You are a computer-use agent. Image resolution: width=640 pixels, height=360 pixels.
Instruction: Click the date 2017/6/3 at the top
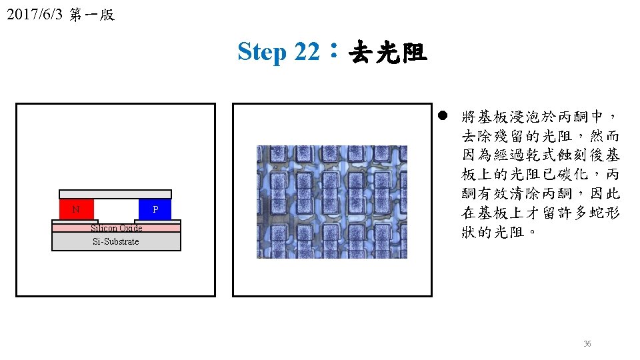coord(35,14)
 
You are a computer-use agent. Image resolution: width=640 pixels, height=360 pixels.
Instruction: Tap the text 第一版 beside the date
coord(92,15)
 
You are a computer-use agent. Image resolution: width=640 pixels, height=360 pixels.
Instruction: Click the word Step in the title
coord(262,52)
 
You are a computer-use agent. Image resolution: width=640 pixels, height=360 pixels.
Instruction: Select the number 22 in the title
coord(307,51)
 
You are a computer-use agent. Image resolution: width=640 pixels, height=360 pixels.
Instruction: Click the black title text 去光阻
coord(388,52)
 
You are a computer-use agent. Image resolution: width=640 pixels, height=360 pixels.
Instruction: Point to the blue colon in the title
coord(334,50)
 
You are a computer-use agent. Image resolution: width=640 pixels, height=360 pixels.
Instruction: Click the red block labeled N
coord(76,209)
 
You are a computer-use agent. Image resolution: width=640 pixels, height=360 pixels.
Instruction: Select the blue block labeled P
coord(155,209)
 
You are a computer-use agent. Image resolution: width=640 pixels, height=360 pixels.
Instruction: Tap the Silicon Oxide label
coord(116,228)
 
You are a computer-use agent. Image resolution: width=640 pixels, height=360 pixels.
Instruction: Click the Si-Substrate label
coord(116,241)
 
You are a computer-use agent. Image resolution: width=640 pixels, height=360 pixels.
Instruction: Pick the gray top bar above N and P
coord(115,194)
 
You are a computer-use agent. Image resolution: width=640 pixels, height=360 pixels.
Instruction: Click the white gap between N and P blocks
coord(116,209)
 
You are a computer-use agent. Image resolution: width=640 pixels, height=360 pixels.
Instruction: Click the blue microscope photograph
coord(332,201)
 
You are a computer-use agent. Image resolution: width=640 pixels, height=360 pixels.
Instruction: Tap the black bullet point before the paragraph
coord(443,115)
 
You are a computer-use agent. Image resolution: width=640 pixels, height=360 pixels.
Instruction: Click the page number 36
coord(587,344)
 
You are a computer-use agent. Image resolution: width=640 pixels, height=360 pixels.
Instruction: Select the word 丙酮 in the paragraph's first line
coord(573,117)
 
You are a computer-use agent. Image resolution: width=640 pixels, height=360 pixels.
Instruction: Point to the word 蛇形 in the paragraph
coord(605,213)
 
